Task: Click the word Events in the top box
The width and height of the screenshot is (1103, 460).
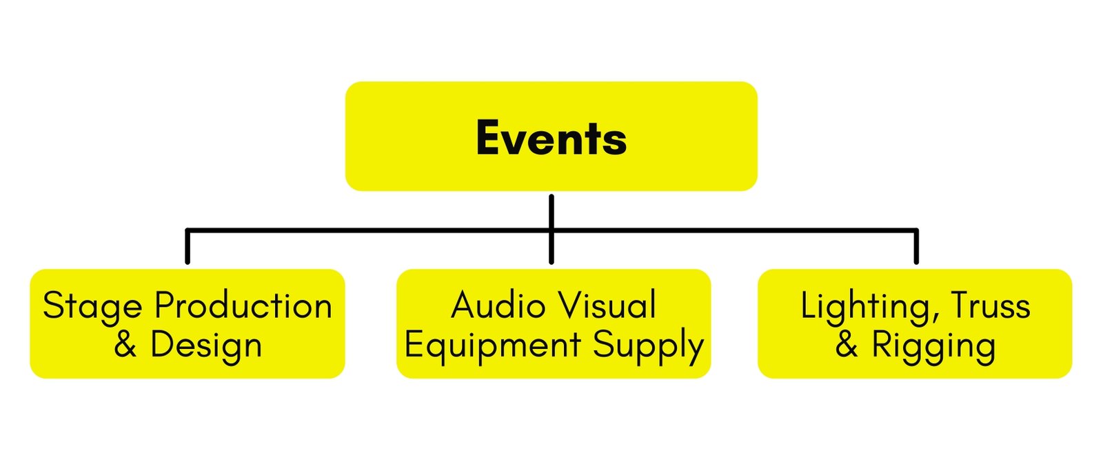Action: (x=551, y=138)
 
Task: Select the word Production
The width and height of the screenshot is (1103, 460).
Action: (x=243, y=306)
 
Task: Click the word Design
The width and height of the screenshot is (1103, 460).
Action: (x=206, y=346)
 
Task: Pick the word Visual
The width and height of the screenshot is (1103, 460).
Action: (x=607, y=306)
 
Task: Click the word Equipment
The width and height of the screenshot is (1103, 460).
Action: (x=492, y=346)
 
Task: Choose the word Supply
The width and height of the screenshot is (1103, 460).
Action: (x=648, y=346)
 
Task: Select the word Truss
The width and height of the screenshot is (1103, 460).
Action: (x=990, y=306)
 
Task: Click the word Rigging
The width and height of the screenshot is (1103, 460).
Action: (x=933, y=346)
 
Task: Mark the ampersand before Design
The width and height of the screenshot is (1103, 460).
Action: (x=125, y=344)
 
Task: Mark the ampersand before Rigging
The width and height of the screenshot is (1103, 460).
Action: (x=847, y=344)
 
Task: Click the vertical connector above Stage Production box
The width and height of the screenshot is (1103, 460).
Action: (x=188, y=247)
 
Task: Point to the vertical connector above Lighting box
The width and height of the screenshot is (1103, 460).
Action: (x=916, y=247)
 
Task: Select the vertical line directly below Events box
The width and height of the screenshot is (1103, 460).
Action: (x=551, y=210)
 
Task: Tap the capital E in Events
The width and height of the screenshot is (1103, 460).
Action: (x=487, y=138)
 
